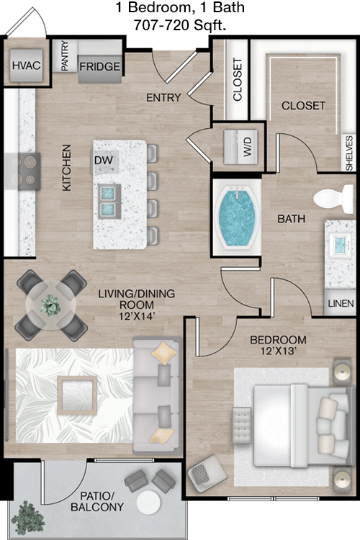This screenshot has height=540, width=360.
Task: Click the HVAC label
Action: (25, 66)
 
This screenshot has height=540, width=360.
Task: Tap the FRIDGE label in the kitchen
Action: (99, 67)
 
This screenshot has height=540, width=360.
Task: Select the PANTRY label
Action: (64, 56)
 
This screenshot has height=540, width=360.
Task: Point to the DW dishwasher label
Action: (102, 160)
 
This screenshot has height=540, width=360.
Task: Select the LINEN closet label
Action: (340, 304)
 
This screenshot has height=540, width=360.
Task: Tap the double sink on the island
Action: (109, 200)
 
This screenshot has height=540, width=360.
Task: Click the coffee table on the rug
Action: (77, 394)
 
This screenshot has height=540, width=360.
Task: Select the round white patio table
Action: (150, 501)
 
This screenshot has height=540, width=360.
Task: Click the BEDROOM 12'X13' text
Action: (278, 346)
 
